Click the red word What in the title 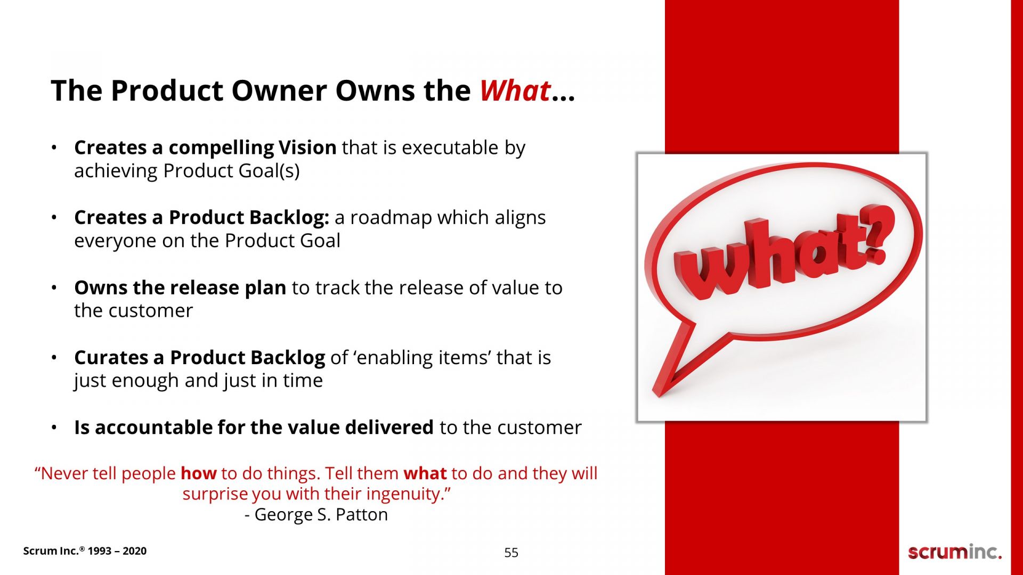[x=515, y=91]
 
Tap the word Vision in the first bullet [x=307, y=147]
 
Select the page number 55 [x=511, y=553]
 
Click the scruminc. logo [x=955, y=552]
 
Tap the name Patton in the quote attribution [x=361, y=514]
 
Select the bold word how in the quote [x=199, y=473]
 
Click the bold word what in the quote [x=425, y=473]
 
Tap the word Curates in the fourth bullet [x=111, y=358]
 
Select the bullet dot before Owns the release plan [x=54, y=288]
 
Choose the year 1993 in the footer [x=100, y=551]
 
